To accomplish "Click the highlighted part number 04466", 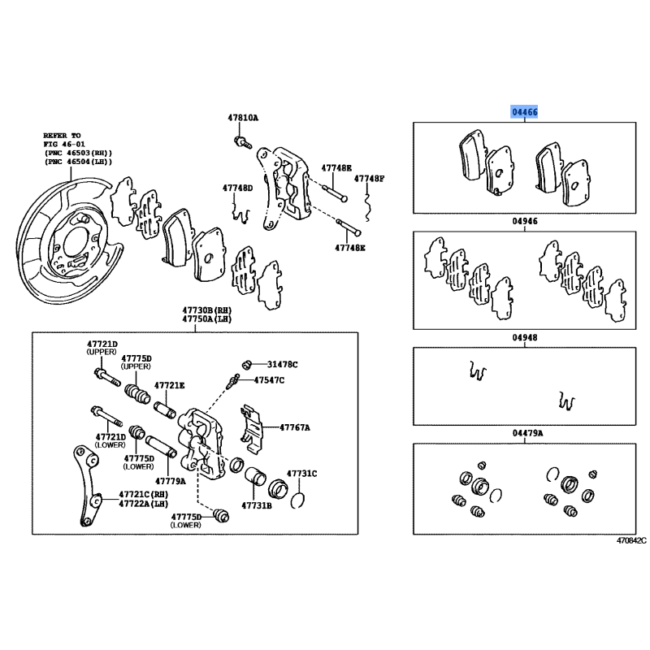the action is pyautogui.click(x=524, y=112).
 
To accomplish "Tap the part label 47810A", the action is pyautogui.click(x=243, y=118).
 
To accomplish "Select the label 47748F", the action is pyautogui.click(x=369, y=179).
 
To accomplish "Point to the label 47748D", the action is pyautogui.click(x=237, y=188).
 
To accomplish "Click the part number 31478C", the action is pyautogui.click(x=282, y=364).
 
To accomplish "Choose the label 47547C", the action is pyautogui.click(x=269, y=379).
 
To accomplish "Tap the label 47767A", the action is pyautogui.click(x=295, y=427).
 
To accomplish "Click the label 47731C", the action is pyautogui.click(x=301, y=474).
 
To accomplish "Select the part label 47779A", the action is pyautogui.click(x=171, y=481).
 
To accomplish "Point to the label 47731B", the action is pyautogui.click(x=257, y=505).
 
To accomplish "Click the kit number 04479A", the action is pyautogui.click(x=527, y=433).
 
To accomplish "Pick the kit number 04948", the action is pyautogui.click(x=525, y=337).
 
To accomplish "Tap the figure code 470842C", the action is pyautogui.click(x=631, y=540).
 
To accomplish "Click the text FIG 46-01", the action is pyautogui.click(x=64, y=145).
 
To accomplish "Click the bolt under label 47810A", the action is pyautogui.click(x=243, y=141).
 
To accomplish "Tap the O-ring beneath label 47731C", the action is pyautogui.click(x=297, y=500).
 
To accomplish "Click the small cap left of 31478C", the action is pyautogui.click(x=247, y=365).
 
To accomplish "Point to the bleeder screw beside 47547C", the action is pyautogui.click(x=232, y=381).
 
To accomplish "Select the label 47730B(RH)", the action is pyautogui.click(x=207, y=310).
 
